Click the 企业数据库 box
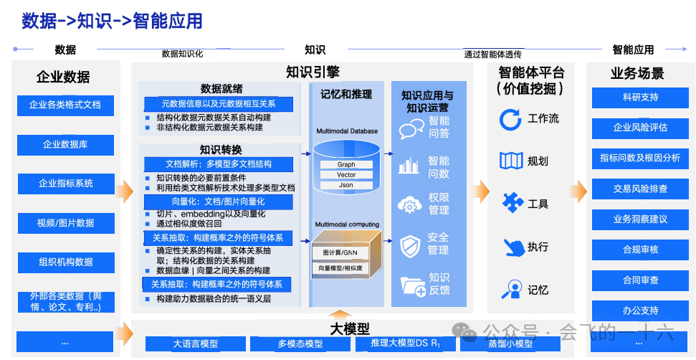[x=65, y=145]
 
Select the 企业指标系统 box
[x=65, y=184]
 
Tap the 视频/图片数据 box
[x=65, y=223]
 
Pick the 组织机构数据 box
[x=65, y=262]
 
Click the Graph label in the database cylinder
[x=346, y=165]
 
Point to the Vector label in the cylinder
[x=346, y=175]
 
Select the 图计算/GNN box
[x=340, y=253]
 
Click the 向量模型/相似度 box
[x=340, y=268]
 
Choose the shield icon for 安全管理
[x=411, y=245]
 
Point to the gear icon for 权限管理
[x=411, y=205]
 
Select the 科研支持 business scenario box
[x=640, y=98]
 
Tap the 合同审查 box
[x=640, y=280]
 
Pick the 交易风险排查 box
[x=640, y=189]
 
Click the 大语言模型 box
[x=195, y=344]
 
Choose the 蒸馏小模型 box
[x=510, y=344]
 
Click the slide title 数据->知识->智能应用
[x=112, y=22]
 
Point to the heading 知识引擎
[x=313, y=72]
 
